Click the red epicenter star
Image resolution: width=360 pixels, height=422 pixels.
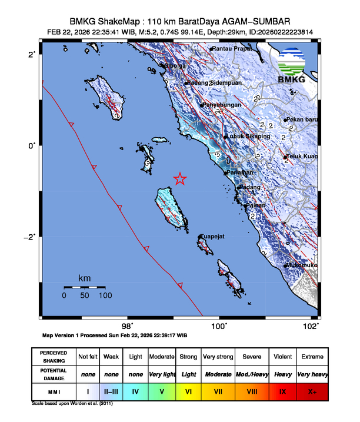pyautogui.click(x=180, y=179)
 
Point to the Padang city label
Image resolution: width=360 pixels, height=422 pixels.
pyautogui.click(x=248, y=188)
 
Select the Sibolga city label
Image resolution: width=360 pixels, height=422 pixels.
pyautogui.click(x=177, y=66)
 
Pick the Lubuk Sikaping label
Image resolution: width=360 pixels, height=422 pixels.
pyautogui.click(x=248, y=137)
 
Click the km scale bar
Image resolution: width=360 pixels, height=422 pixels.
pyautogui.click(x=84, y=287)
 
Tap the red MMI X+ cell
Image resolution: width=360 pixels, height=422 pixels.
pyautogui.click(x=311, y=391)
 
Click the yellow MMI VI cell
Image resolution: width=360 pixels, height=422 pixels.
pyautogui.click(x=188, y=391)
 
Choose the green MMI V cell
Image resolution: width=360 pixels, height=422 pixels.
pyautogui.click(x=161, y=391)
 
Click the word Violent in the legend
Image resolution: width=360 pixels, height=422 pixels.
pyautogui.click(x=282, y=357)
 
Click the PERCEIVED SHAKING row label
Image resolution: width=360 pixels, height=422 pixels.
pyautogui.click(x=53, y=357)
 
